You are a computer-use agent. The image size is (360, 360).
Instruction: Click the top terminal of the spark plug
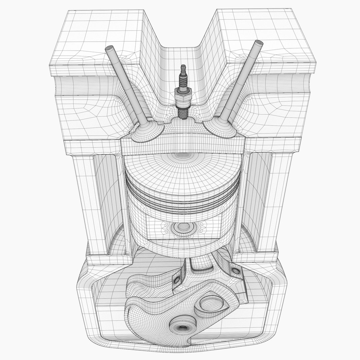tap(182, 68)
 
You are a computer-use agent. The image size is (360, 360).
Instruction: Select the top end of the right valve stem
tap(258, 44)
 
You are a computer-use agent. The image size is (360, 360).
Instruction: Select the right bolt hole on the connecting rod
tap(237, 270)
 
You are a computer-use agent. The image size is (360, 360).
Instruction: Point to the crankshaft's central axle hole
tap(182, 329)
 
